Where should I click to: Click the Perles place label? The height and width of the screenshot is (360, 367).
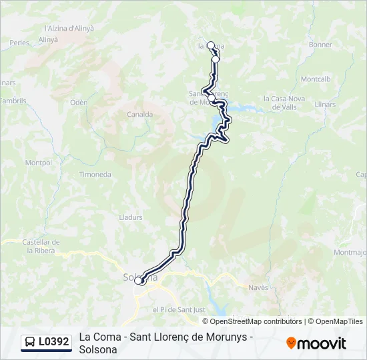19,42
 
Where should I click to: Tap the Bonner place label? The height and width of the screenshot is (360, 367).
321,45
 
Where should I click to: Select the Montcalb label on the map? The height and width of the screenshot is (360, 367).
316,79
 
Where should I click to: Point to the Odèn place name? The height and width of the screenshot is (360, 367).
79,102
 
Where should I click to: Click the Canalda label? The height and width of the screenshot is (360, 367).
140,114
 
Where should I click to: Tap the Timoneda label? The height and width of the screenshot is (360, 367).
95,174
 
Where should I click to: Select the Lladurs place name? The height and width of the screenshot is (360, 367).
131,217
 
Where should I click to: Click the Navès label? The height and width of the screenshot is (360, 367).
258,287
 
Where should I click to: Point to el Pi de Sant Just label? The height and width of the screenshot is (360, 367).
177,309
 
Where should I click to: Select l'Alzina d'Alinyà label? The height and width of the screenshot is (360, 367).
69,28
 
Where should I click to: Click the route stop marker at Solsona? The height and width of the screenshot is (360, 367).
139,281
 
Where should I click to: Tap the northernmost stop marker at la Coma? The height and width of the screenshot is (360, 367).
211,45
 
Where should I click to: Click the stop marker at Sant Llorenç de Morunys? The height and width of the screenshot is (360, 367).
212,98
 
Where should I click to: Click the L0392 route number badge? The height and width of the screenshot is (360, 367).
53,342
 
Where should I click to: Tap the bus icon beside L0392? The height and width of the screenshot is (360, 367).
31,342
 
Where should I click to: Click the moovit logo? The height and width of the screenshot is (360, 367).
316,343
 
